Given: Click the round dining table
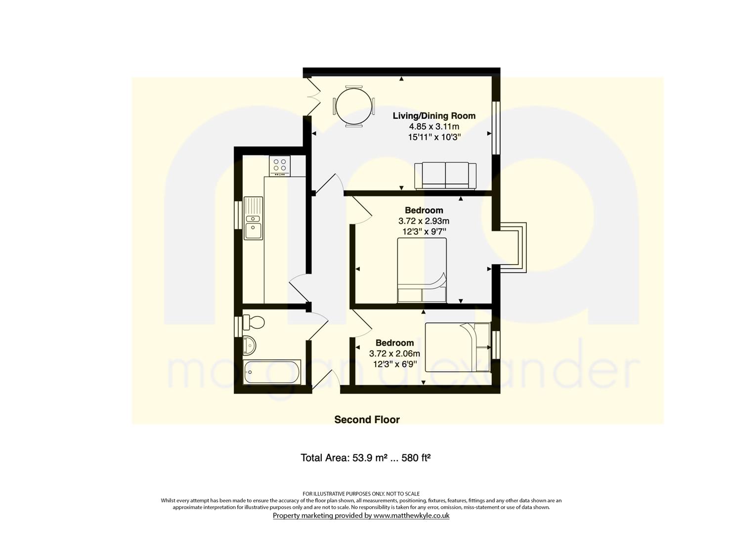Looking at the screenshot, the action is pyautogui.click(x=354, y=106).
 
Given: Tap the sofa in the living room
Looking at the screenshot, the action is pyautogui.click(x=445, y=176).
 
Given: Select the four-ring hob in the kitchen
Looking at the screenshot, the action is pyautogui.click(x=279, y=166).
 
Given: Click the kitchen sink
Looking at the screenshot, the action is pyautogui.click(x=253, y=218).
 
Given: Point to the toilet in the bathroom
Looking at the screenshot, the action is pyautogui.click(x=253, y=322).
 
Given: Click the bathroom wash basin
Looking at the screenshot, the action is pyautogui.click(x=250, y=346).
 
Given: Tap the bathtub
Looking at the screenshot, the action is pyautogui.click(x=272, y=372).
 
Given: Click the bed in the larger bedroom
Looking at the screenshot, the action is pyautogui.click(x=422, y=270).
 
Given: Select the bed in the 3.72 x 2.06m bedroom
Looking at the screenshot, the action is pyautogui.click(x=458, y=347).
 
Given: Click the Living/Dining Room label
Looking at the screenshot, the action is pyautogui.click(x=434, y=116).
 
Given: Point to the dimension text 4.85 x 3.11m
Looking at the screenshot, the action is pyautogui.click(x=434, y=127).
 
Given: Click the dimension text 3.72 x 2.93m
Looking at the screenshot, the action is pyautogui.click(x=424, y=221).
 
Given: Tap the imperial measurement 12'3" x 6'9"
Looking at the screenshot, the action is pyautogui.click(x=394, y=364).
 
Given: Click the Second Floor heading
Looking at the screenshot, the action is pyautogui.click(x=367, y=420).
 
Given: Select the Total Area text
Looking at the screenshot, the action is pyautogui.click(x=365, y=458).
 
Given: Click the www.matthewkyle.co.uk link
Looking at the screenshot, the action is pyautogui.click(x=412, y=516).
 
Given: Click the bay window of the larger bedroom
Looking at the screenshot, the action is pyautogui.click(x=510, y=248).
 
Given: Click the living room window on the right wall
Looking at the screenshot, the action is pyautogui.click(x=496, y=128).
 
